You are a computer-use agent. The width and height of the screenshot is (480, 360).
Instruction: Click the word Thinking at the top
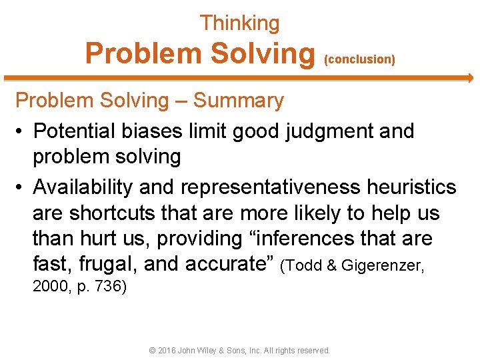coord(239,23)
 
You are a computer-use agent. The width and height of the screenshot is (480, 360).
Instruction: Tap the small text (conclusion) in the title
coord(359,59)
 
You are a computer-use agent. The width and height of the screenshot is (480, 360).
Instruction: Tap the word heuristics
coord(411,187)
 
